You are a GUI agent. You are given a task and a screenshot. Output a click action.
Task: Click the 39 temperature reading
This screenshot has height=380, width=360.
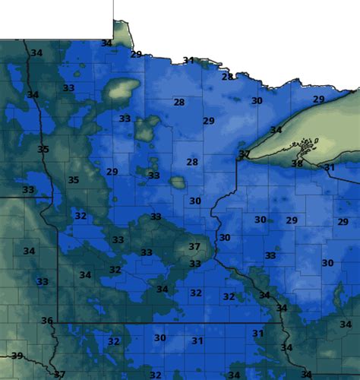coord(16,356)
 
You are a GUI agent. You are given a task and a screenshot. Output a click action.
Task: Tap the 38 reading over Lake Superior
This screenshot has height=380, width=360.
coord(297,163)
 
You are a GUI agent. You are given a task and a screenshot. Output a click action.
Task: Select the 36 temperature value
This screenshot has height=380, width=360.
coord(47,321)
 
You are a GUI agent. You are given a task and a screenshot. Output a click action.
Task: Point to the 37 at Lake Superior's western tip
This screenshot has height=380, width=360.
coord(245,154)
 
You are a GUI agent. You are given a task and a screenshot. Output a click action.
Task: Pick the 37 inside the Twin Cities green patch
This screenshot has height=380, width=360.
coord(194,247)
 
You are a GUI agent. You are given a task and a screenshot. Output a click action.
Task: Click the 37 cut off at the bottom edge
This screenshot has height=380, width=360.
coord(59,374)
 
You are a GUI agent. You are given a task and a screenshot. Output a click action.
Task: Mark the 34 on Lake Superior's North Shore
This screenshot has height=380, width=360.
coord(276,130)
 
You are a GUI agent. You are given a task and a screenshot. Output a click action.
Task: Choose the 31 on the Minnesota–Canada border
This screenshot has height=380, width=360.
coord(188,60)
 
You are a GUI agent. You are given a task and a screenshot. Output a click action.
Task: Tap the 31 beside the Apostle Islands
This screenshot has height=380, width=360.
coord(330,167)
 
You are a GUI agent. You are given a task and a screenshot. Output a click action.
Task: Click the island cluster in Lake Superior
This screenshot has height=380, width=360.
coord(305,144)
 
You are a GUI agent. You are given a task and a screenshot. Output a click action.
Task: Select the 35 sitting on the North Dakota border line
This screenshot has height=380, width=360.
coord(43,149)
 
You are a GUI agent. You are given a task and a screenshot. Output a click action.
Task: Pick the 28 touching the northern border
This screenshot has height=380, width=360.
coord(227,77)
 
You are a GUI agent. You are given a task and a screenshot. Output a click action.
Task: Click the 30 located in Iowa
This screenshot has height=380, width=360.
coord(159,338)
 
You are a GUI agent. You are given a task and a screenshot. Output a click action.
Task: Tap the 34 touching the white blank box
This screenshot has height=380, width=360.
coord(107,43)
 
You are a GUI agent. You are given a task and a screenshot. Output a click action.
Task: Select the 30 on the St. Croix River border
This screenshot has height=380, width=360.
coord(224,238)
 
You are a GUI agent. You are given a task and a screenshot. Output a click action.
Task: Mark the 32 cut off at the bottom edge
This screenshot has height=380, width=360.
coord(155,375)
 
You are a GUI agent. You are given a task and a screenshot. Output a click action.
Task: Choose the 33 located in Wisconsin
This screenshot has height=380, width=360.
coord(270,256)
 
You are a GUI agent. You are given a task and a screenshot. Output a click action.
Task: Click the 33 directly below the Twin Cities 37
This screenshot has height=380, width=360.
coord(195,264)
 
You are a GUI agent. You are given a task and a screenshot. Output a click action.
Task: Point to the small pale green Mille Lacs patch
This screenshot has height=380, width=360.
coord(178,182)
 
